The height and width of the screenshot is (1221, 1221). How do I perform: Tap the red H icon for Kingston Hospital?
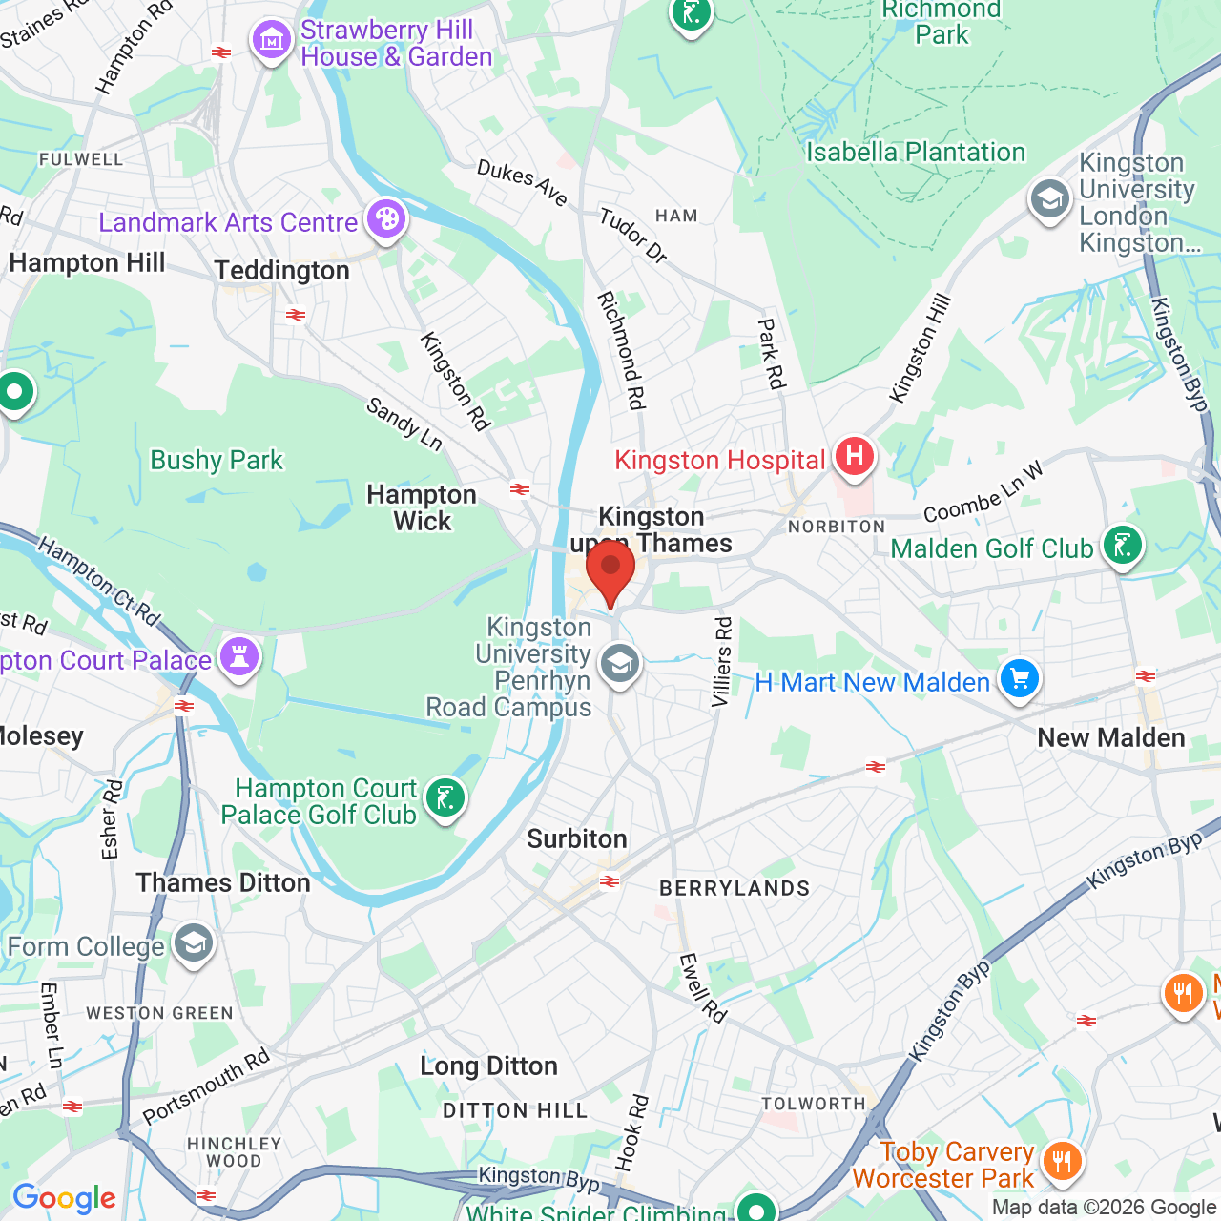[854, 456]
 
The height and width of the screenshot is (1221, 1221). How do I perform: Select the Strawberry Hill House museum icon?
[272, 40]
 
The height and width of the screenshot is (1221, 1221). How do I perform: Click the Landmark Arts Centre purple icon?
[385, 219]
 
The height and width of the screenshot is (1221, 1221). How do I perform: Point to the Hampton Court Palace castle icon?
[238, 656]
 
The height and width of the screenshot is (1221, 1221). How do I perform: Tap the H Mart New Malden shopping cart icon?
[1019, 679]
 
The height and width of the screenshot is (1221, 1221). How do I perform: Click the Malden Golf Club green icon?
[1122, 546]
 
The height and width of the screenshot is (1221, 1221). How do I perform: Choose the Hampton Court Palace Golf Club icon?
[445, 797]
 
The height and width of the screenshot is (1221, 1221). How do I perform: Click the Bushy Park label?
[217, 460]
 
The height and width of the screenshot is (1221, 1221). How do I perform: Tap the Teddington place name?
[282, 271]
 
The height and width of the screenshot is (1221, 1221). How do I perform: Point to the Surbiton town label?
[577, 838]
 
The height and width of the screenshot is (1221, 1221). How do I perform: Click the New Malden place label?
[1110, 737]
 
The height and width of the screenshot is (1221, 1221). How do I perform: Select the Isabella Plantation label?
[915, 152]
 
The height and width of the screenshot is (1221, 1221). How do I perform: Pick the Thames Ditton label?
[223, 882]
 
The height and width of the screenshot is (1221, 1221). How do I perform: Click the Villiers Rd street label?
[723, 661]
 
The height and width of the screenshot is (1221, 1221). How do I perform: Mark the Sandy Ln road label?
[404, 424]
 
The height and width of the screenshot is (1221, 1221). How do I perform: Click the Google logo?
[64, 1198]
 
